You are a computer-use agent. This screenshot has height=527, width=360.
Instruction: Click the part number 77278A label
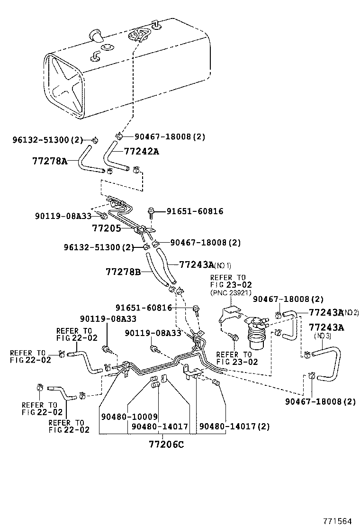(x=49, y=161)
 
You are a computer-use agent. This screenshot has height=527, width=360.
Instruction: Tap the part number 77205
(x=106, y=228)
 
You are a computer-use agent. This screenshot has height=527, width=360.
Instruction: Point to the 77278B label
(x=123, y=272)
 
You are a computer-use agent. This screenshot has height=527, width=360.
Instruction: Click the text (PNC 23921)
(x=231, y=293)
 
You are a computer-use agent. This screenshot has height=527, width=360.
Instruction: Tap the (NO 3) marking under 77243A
(x=325, y=336)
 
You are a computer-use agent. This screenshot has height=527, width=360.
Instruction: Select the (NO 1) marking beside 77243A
(x=223, y=265)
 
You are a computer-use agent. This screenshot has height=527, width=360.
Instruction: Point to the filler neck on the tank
(x=95, y=36)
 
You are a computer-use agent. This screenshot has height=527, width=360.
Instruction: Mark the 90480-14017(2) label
(x=234, y=426)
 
